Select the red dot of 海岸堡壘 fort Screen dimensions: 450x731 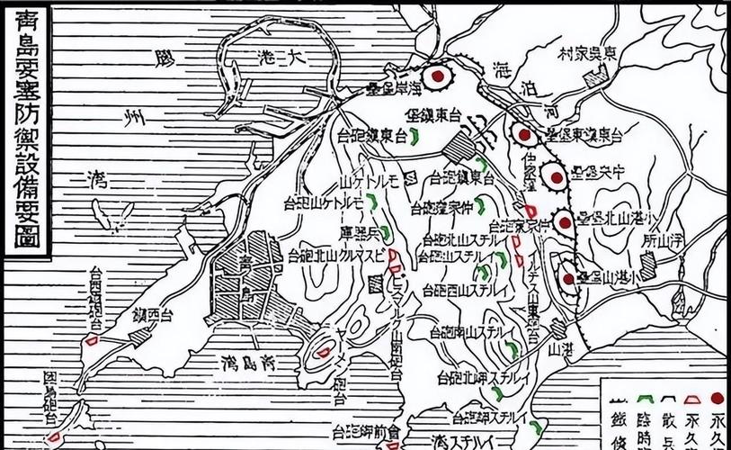pyautogui.click(x=437, y=77)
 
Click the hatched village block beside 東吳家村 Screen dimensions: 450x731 pyautogui.click(x=596, y=77)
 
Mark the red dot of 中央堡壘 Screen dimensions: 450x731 pyautogui.click(x=555, y=176)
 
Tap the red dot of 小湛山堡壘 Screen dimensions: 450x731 pyautogui.click(x=568, y=278)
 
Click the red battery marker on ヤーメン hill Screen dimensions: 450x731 pyautogui.click(x=322, y=354)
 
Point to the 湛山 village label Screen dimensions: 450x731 pyautogui.click(x=560, y=346)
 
